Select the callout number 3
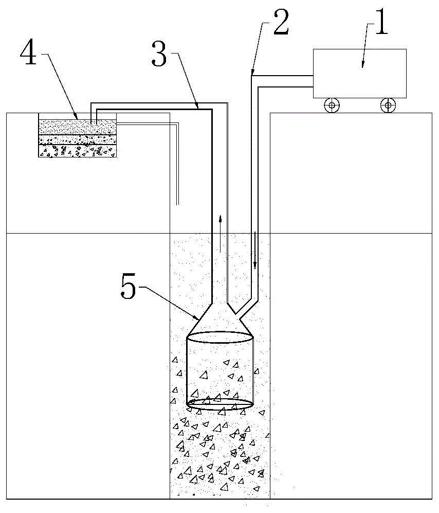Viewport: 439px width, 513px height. pos(159,55)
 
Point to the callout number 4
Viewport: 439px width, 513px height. pos(28,52)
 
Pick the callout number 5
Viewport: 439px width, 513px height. pos(128,287)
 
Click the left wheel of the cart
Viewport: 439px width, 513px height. pos(332,105)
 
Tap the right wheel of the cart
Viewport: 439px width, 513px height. pos(388,105)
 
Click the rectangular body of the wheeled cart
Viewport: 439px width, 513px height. pos(359,74)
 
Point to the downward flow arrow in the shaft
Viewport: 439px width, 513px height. pos(255,250)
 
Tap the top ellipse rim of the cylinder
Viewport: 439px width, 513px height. pos(219,338)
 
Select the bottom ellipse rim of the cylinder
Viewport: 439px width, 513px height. pos(219,404)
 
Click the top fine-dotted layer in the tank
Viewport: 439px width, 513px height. pos(78,127)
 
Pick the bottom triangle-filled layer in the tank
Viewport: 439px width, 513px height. pos(78,151)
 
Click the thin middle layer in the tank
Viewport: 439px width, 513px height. pos(78,140)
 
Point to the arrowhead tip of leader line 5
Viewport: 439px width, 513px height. pos(198,320)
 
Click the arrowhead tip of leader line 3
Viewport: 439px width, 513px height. pos(198,108)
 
